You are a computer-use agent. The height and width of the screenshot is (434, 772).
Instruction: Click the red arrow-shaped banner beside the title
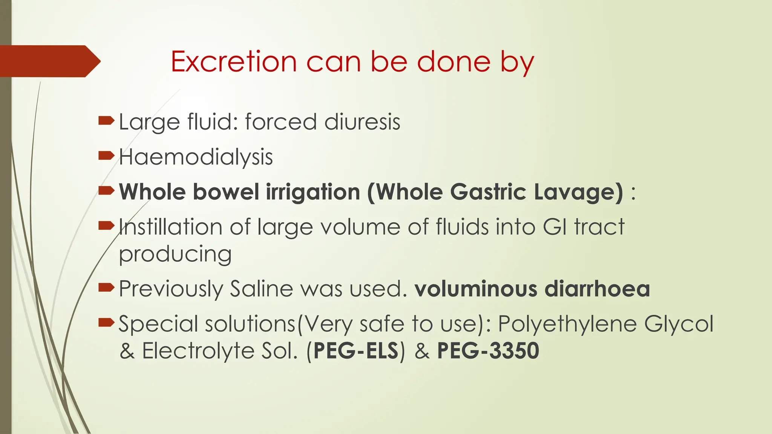[x=49, y=61]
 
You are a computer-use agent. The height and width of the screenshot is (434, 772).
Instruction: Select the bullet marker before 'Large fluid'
[x=106, y=121]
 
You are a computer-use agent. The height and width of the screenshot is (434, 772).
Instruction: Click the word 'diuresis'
[x=362, y=122]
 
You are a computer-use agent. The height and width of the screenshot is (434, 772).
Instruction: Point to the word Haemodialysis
[x=196, y=157]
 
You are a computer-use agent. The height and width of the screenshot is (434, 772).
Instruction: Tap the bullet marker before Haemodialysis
[x=106, y=156]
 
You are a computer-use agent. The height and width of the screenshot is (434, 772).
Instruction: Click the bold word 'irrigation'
[x=313, y=192]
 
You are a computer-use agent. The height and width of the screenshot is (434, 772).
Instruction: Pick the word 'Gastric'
[x=488, y=192]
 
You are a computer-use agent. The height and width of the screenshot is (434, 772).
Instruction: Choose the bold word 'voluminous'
[x=476, y=289]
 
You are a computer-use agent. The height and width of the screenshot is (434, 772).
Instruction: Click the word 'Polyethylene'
[x=567, y=324]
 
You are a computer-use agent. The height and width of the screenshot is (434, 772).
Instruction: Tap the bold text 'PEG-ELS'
[x=355, y=351]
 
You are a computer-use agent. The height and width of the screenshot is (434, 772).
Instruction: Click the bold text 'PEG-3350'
[x=488, y=351]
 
